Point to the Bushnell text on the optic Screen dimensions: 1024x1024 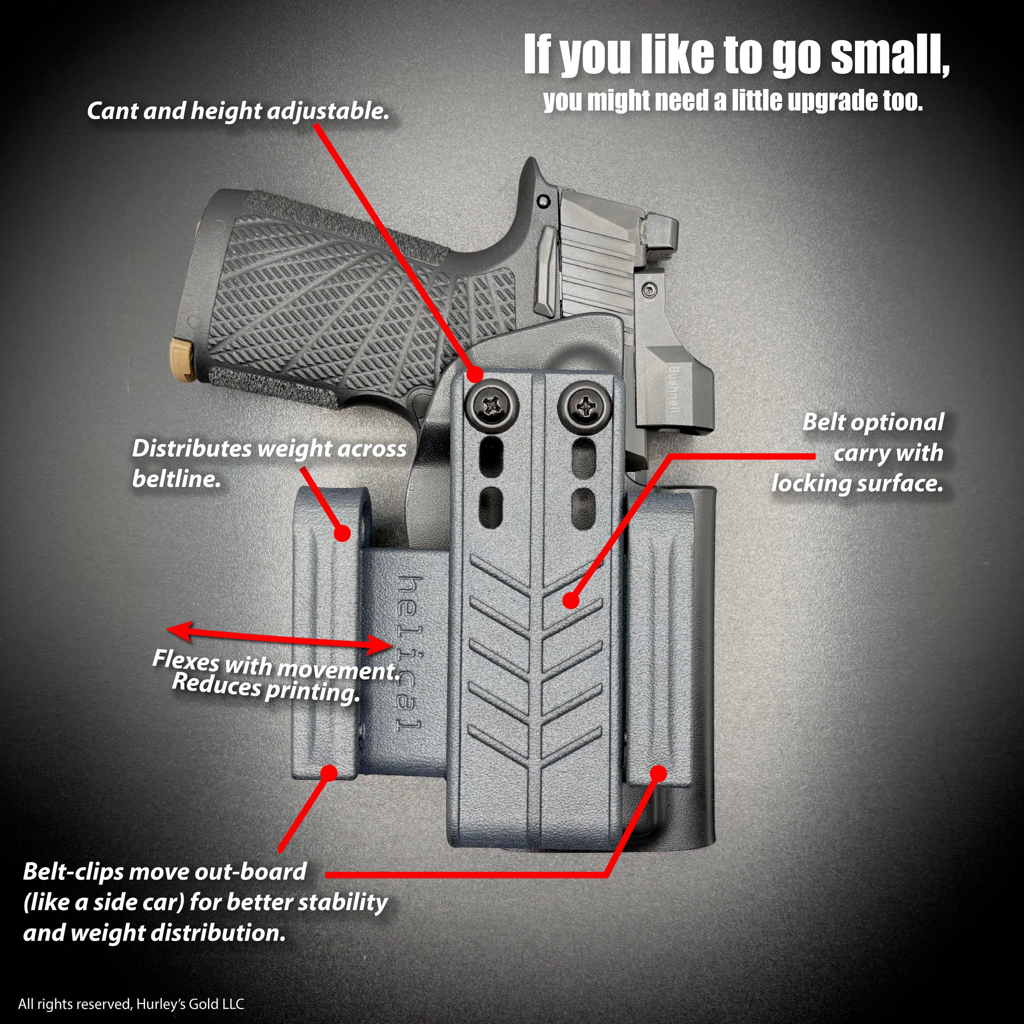pos(673,390)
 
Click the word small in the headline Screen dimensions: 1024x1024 pos(889,55)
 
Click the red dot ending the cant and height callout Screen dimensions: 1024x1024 pos(474,374)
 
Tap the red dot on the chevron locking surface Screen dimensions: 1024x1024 pos(570,600)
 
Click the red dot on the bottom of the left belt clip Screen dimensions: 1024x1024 pos(329,771)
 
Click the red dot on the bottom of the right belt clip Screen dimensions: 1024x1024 pos(658,773)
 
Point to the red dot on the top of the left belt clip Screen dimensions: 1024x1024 pos(343,532)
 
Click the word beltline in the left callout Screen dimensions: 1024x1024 pos(175,479)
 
